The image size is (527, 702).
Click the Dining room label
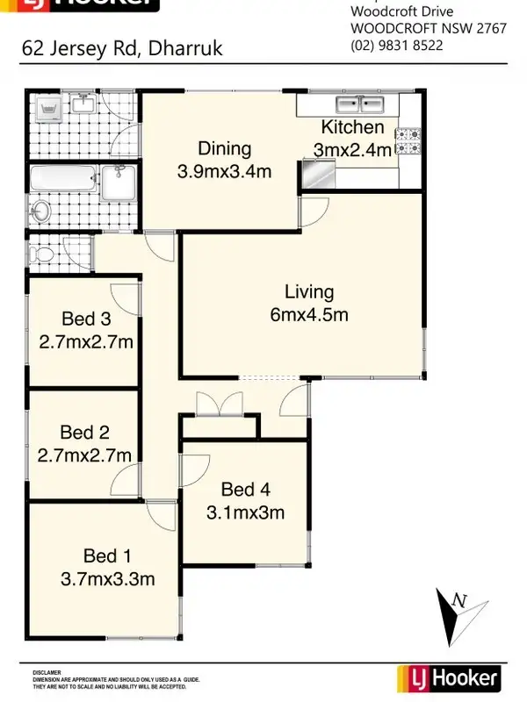[224, 148]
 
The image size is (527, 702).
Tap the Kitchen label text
[351, 128]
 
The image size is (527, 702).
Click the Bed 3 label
[85, 319]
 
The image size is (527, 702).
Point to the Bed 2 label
[84, 432]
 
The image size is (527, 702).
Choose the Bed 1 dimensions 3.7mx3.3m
[108, 578]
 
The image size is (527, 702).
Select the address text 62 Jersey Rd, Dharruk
[122, 47]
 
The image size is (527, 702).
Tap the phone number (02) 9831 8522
[397, 45]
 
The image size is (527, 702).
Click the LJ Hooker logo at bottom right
[449, 678]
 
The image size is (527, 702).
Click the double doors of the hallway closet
[218, 405]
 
